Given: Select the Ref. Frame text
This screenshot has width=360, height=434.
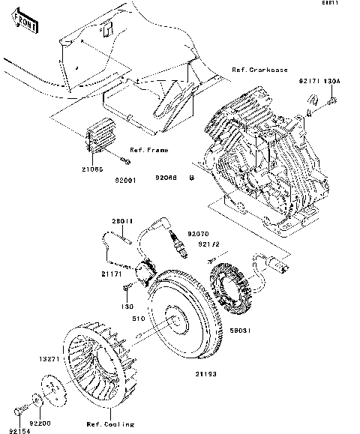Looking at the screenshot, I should click(148, 150).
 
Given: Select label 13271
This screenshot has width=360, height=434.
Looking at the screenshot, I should click(51, 359).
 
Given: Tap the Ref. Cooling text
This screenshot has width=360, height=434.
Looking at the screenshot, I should click(110, 424).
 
